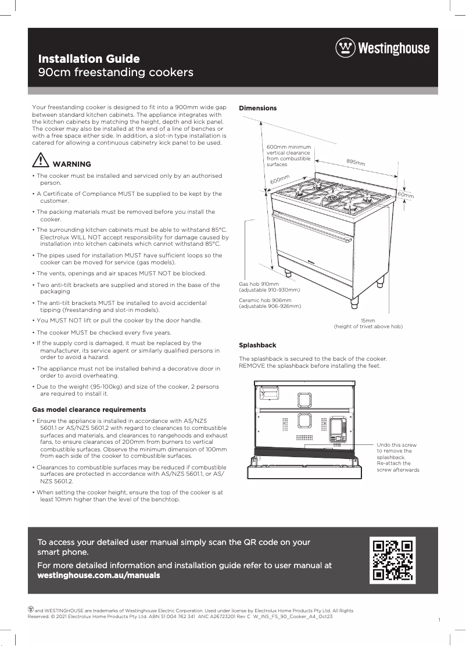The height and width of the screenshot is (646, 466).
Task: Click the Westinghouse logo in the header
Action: (x=382, y=48)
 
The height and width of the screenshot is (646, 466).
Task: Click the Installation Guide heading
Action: (x=88, y=59)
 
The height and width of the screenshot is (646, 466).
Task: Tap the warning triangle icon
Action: (x=40, y=161)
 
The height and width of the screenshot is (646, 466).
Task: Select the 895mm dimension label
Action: (x=356, y=162)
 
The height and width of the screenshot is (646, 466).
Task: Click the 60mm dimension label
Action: (x=406, y=195)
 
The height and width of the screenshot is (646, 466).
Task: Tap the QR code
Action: (x=393, y=560)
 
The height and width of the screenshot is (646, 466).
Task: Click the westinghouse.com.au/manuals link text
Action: (x=98, y=575)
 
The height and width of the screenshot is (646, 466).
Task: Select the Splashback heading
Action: (x=257, y=345)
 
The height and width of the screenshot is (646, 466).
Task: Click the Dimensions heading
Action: (x=258, y=108)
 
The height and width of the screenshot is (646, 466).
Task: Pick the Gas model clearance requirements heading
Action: (x=89, y=410)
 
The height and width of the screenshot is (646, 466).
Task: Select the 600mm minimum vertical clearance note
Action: (x=289, y=156)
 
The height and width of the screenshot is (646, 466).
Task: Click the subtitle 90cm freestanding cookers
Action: (x=115, y=73)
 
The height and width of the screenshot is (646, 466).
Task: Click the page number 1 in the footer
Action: (x=439, y=621)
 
